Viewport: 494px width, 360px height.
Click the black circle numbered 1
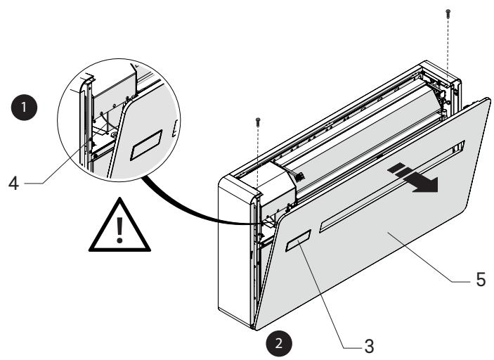(x=27, y=110)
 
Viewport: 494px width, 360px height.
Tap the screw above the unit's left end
(x=259, y=122)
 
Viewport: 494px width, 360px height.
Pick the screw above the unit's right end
(x=448, y=13)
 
